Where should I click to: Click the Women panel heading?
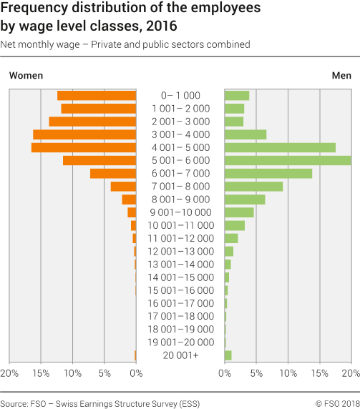click(26, 75)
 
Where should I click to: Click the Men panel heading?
click(341, 75)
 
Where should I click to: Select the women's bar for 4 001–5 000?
click(84, 147)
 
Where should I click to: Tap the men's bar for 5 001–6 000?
click(288, 160)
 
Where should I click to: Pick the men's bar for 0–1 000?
click(237, 95)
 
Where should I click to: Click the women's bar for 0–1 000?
click(97, 95)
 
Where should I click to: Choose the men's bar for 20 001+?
click(228, 355)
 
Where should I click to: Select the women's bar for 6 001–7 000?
click(113, 173)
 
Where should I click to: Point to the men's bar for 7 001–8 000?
click(253, 186)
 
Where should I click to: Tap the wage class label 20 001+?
click(180, 355)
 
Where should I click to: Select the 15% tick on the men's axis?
click(319, 373)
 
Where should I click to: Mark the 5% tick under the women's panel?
click(104, 373)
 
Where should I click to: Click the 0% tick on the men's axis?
click(225, 373)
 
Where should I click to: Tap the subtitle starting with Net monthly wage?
click(125, 44)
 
